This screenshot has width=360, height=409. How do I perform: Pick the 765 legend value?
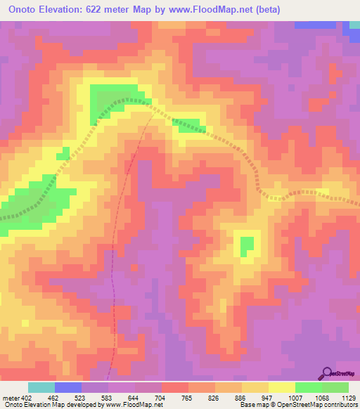click(x=188, y=398)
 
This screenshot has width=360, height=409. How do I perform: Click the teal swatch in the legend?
click(x=41, y=387)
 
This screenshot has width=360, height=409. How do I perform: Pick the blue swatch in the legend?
click(x=68, y=387)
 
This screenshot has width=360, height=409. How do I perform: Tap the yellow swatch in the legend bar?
click(x=281, y=387)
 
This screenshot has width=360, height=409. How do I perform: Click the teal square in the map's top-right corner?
click(x=355, y=27)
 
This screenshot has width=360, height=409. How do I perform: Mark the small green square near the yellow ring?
click(x=247, y=247)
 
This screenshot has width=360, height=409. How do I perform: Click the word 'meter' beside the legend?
click(x=11, y=398)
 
